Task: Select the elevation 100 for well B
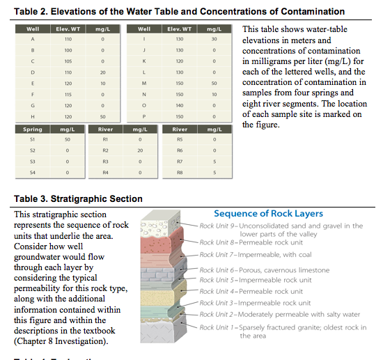point(68,50)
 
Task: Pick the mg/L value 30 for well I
point(215,40)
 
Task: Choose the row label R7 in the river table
point(179,161)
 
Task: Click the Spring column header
point(33,130)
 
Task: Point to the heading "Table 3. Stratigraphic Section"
point(78,198)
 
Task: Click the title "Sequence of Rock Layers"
point(268,214)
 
